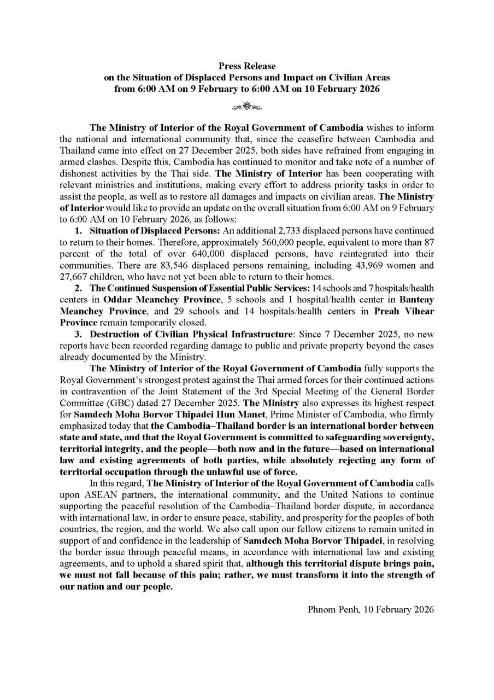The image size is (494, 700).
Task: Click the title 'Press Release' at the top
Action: pos(247,67)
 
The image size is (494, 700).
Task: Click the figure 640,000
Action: pos(211,254)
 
